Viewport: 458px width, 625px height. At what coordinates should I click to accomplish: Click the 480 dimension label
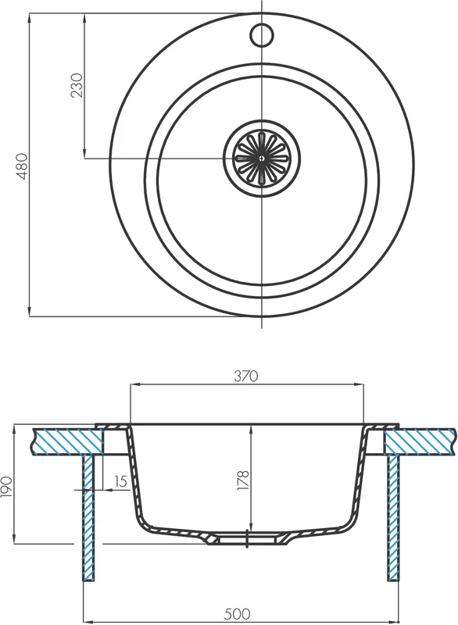[23, 166]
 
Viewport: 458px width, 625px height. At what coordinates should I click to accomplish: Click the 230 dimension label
[77, 85]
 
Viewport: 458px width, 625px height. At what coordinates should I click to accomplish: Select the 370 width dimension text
[246, 376]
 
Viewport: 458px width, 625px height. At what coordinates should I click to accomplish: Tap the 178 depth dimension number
[243, 480]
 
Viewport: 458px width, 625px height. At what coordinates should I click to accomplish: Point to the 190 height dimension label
[7, 487]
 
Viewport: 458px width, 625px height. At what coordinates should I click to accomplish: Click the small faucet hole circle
[262, 35]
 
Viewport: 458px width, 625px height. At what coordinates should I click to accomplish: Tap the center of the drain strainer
[261, 159]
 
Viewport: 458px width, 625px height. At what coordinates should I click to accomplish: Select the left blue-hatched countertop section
[68, 441]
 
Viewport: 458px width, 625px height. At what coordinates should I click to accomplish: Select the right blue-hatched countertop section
[420, 441]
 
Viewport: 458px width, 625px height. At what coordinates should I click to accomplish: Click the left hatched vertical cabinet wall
[88, 517]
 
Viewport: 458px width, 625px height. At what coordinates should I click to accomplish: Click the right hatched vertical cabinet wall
[393, 517]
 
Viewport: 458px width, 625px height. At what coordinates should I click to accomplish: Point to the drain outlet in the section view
[247, 540]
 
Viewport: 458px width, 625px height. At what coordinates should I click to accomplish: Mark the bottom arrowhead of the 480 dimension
[30, 311]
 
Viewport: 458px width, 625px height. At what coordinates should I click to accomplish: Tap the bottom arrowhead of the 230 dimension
[84, 153]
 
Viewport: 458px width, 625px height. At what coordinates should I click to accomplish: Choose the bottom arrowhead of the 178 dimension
[250, 526]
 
